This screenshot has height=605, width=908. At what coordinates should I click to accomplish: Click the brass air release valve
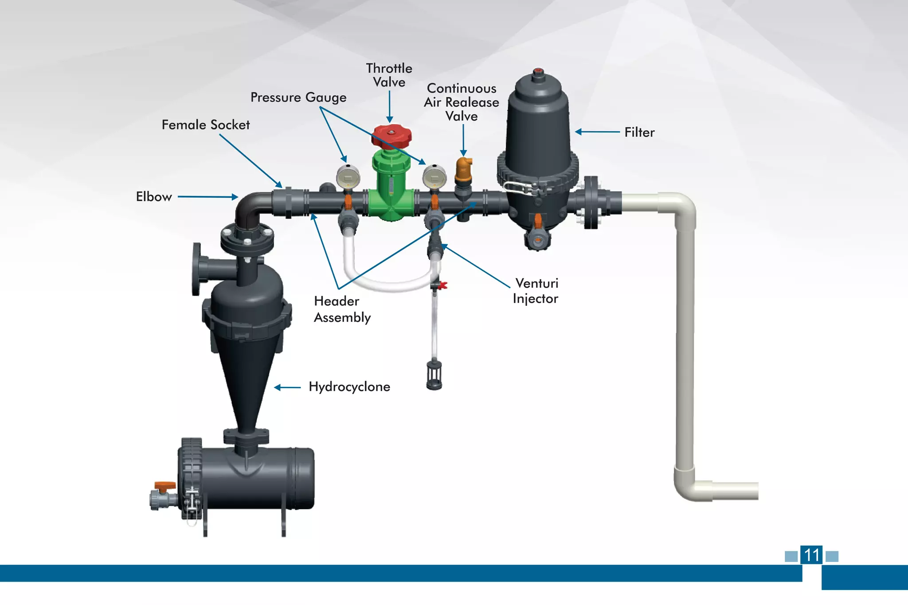click(x=464, y=171)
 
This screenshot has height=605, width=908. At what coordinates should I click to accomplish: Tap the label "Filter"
click(x=639, y=132)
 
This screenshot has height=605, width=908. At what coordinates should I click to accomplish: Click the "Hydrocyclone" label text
click(x=349, y=387)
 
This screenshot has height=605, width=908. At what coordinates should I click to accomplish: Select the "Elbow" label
click(x=154, y=197)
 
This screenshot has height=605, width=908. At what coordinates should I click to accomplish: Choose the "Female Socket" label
click(x=205, y=125)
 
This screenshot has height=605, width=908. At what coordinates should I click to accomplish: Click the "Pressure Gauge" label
click(x=298, y=98)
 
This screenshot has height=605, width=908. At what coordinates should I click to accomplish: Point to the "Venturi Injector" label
click(x=536, y=291)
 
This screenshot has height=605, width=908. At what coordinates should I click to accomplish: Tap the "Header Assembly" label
click(x=342, y=309)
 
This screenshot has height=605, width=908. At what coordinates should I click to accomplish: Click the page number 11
click(x=811, y=555)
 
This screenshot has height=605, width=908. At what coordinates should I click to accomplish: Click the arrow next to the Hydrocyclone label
click(x=287, y=387)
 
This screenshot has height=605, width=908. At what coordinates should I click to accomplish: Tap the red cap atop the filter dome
click(x=538, y=71)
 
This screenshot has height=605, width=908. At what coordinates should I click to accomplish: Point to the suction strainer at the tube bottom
click(x=434, y=375)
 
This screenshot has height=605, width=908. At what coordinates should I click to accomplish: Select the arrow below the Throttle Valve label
click(x=389, y=107)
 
